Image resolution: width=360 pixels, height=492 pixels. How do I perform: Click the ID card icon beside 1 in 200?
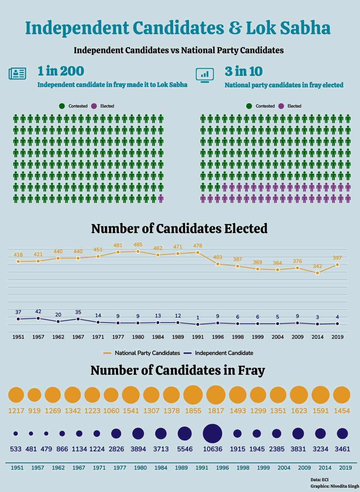click(x=17, y=73)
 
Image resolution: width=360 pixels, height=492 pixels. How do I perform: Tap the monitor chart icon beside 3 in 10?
click(x=205, y=75)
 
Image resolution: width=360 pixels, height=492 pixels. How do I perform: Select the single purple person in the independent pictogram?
click(x=161, y=199)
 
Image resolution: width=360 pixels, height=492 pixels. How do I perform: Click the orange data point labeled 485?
click(x=138, y=251)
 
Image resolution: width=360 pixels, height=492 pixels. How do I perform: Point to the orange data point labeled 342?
click(x=317, y=273)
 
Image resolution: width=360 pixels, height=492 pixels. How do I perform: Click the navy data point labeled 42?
click(x=38, y=318)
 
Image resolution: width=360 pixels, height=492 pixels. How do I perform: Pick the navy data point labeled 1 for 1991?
click(x=198, y=324)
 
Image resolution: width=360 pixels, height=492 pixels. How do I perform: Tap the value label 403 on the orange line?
click(x=217, y=257)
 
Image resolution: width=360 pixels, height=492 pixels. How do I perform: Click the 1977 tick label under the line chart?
click(x=118, y=337)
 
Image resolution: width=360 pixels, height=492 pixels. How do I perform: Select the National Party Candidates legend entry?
click(x=141, y=353)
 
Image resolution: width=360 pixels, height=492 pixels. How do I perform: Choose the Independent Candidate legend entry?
click(x=219, y=353)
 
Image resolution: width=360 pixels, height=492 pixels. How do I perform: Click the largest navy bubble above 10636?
click(x=212, y=433)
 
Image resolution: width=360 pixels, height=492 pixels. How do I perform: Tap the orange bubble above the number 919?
click(x=34, y=395)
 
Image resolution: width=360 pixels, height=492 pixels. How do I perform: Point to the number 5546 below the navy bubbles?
click(x=185, y=449)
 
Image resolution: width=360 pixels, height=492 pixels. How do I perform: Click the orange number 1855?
click(x=193, y=411)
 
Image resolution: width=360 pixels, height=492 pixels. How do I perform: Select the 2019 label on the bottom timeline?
click(x=345, y=468)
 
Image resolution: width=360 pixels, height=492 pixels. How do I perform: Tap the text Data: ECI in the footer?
click(x=320, y=480)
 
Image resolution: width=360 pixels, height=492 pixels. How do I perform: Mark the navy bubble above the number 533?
click(x=15, y=433)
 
